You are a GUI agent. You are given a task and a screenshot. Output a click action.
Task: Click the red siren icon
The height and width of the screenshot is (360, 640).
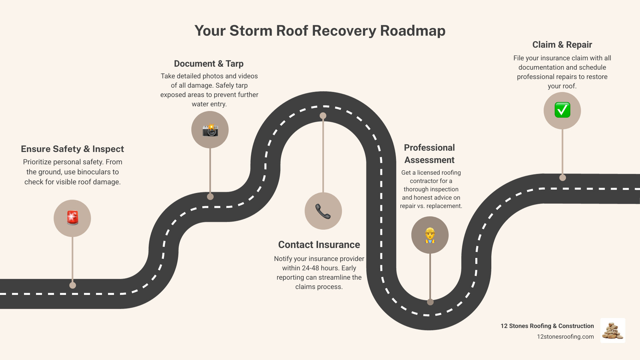tap(72, 218)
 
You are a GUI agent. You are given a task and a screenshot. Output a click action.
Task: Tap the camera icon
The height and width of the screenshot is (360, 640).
tap(210, 130)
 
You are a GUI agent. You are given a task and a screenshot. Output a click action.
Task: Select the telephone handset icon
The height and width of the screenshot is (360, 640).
tap(323, 211)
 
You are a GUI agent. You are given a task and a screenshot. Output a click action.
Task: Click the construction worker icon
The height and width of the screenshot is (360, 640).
tap(430, 235)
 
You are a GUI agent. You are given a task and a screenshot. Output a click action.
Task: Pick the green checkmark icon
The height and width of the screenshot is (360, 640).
tap(562, 110)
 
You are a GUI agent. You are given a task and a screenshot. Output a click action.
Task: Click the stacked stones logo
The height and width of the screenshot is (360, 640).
tap(613, 331)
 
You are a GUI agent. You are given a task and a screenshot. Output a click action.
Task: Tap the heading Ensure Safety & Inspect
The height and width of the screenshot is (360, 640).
tap(72, 149)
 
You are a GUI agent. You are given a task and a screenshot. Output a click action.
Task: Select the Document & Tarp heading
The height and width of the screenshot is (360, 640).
tap(209, 64)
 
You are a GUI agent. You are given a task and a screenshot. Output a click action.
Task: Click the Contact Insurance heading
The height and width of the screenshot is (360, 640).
tap(319, 245)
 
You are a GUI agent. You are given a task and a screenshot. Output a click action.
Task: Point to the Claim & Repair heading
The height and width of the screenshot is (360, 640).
tap(562, 45)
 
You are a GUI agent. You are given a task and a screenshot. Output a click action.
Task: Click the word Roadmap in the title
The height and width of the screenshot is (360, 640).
tap(413, 31)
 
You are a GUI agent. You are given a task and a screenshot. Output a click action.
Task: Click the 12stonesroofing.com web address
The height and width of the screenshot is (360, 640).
tap(565, 337)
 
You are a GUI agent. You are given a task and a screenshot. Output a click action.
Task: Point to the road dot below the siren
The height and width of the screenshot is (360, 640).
tap(73, 285)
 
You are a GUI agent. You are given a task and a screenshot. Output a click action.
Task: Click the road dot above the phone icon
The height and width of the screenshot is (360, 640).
tap(323, 116)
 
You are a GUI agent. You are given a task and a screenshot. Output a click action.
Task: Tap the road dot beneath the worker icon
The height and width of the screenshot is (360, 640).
tap(430, 302)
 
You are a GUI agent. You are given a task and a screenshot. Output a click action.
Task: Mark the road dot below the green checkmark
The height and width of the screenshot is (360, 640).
tap(563, 178)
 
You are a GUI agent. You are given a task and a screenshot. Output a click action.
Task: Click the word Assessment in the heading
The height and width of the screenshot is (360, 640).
tap(429, 160)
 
